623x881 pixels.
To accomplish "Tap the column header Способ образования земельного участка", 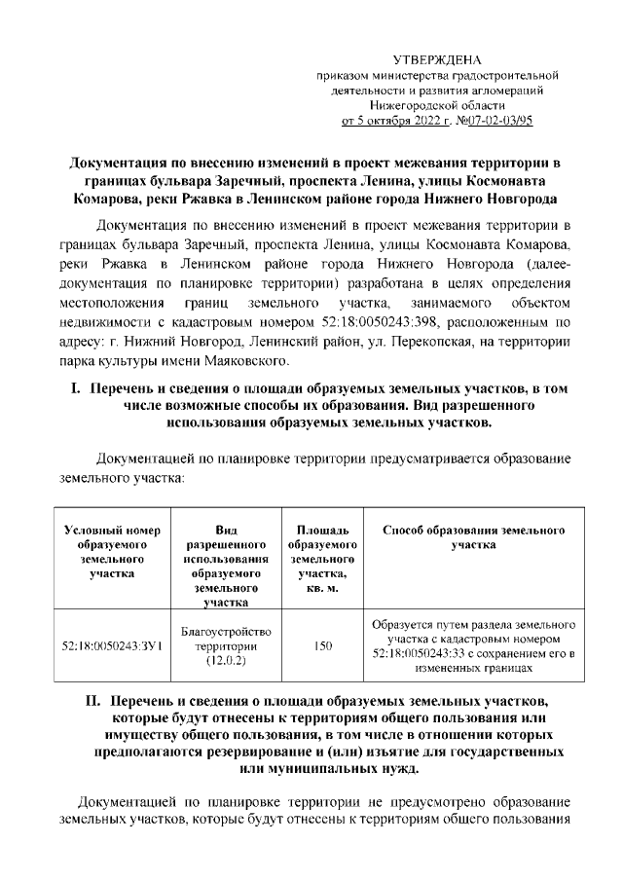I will tap(474, 538).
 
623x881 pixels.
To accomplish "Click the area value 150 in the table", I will tap(323, 645).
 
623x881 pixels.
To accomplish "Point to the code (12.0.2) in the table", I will tap(227, 661).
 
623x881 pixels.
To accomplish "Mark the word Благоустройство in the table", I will tap(227, 631).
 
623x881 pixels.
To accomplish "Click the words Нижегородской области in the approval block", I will tap(436, 105).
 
